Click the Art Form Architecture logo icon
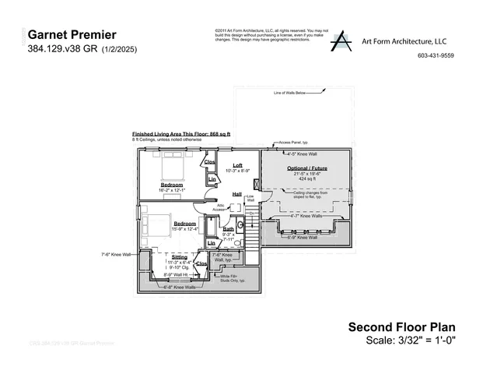tap(340, 42)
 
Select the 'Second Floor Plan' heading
tap(401, 327)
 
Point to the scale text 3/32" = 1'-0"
tap(411, 340)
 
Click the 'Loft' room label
tap(238, 164)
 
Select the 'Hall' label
tap(237, 194)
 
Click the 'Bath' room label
tap(229, 228)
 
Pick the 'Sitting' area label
tap(179, 256)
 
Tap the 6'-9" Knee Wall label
tap(302, 238)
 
